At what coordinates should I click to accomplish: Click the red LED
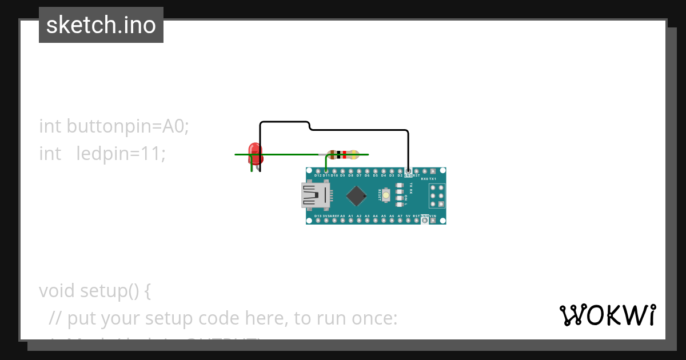point(255,151)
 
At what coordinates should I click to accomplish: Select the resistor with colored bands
point(342,154)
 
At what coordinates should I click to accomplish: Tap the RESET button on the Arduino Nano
point(386,195)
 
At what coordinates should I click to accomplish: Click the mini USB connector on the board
point(315,195)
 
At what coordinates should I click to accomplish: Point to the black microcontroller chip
point(356,195)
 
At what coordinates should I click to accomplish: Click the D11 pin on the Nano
point(326,171)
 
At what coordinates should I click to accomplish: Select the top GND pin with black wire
point(408,171)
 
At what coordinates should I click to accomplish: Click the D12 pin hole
point(318,171)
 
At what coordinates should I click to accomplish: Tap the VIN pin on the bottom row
point(433,220)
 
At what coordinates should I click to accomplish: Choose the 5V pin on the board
point(408,220)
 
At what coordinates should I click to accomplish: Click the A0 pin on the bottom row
point(342,220)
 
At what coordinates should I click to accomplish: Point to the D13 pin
point(318,220)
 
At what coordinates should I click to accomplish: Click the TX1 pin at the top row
point(441,171)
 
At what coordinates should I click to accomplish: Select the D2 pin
point(400,171)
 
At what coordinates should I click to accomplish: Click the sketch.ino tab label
point(101,25)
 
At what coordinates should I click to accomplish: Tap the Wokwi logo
point(607,315)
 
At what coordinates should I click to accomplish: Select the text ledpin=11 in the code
point(121,154)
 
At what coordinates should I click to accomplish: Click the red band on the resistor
point(345,154)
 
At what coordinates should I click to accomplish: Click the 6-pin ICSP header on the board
point(437,195)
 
